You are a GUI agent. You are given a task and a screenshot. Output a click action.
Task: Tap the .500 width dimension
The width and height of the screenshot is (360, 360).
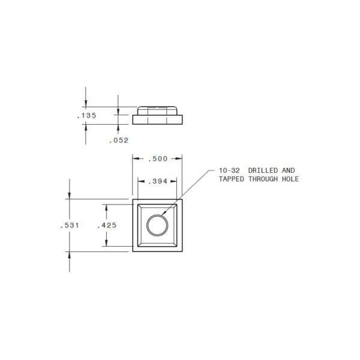click(x=157, y=158)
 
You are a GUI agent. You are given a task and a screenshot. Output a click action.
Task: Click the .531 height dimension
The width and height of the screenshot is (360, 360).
click(x=70, y=225)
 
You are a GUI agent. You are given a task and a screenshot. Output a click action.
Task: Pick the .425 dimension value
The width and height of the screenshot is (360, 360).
click(x=106, y=225)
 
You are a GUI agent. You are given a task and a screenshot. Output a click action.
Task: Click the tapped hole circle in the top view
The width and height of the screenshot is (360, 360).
click(x=157, y=226)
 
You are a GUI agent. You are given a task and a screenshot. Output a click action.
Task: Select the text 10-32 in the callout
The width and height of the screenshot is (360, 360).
click(x=229, y=171)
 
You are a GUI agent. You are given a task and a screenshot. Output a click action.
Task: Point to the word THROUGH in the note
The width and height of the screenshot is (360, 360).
click(x=265, y=179)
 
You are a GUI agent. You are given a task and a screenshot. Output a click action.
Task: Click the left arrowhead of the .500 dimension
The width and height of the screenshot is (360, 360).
click(x=134, y=158)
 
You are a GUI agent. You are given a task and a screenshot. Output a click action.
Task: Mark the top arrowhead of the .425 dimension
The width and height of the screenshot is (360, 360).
click(x=106, y=207)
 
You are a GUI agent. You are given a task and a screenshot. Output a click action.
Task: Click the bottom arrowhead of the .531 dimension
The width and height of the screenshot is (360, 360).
click(x=70, y=255)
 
